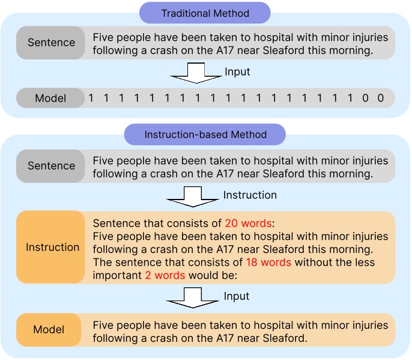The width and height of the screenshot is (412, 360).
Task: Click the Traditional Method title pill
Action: (205, 13)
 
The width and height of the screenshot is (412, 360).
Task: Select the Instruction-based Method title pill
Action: (205, 135)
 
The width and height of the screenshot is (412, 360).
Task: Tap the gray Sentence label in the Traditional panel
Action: (52, 43)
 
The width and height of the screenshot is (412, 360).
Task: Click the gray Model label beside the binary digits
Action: (50, 98)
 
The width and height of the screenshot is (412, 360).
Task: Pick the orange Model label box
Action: (49, 330)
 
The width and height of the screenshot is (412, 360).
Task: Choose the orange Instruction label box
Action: (52, 247)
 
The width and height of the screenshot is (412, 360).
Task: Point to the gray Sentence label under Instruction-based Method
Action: (52, 166)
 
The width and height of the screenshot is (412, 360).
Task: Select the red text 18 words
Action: (268, 263)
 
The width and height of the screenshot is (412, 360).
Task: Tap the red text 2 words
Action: (165, 275)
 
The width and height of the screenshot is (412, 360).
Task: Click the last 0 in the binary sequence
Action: (381, 98)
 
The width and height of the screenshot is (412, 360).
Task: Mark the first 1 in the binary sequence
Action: (91, 98)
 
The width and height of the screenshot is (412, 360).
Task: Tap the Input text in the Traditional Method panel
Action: (237, 72)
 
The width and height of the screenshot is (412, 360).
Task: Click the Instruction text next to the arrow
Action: (250, 195)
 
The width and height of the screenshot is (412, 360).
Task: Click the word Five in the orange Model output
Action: (104, 325)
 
